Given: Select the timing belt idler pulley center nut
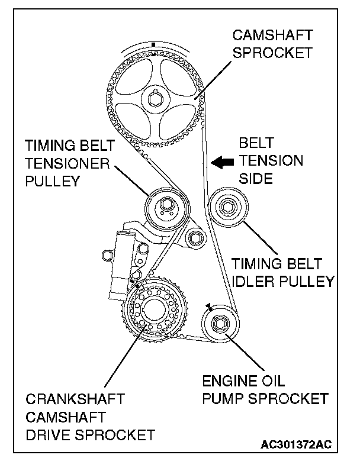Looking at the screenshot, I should (x=228, y=208).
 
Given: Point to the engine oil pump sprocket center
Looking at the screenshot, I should (x=220, y=324).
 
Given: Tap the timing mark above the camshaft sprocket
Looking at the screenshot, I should (x=153, y=44).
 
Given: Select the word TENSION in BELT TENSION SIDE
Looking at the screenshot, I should (x=271, y=161).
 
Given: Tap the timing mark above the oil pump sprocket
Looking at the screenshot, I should (x=209, y=306).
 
